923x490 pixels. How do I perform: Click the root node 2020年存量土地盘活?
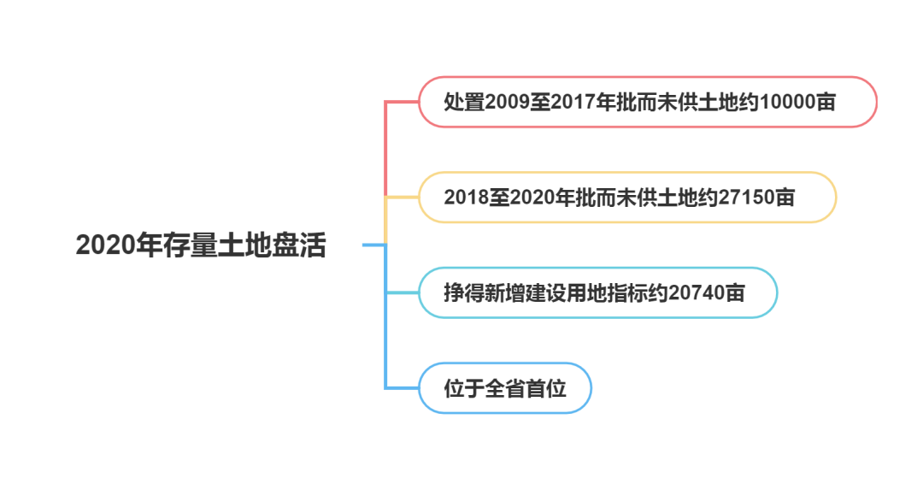203,245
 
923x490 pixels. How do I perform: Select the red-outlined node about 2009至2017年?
647,102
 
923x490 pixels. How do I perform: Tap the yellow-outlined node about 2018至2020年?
626,198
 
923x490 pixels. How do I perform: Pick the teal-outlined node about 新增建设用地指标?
597,292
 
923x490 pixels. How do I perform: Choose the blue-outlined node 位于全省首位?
504,388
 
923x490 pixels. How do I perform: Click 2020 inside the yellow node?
535,198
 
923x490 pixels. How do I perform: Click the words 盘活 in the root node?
300,245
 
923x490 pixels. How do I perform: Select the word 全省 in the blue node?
504,388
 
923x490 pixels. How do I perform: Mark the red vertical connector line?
386,150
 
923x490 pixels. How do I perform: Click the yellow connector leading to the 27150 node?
402,198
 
